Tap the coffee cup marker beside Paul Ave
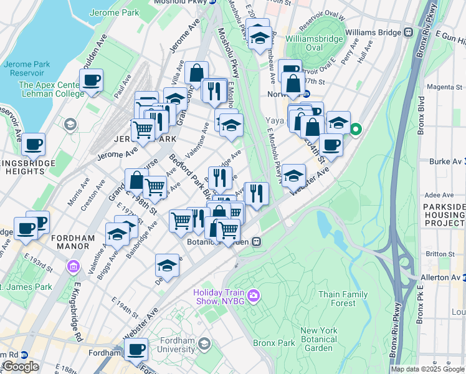(x=92, y=80)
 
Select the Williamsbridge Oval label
(x=314, y=43)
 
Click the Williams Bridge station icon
(x=409, y=32)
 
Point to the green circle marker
(x=356, y=130)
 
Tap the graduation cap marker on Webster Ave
(x=293, y=176)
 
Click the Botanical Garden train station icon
(x=256, y=242)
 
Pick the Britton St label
(x=441, y=254)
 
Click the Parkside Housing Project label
(x=444, y=214)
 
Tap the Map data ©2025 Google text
(x=427, y=369)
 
